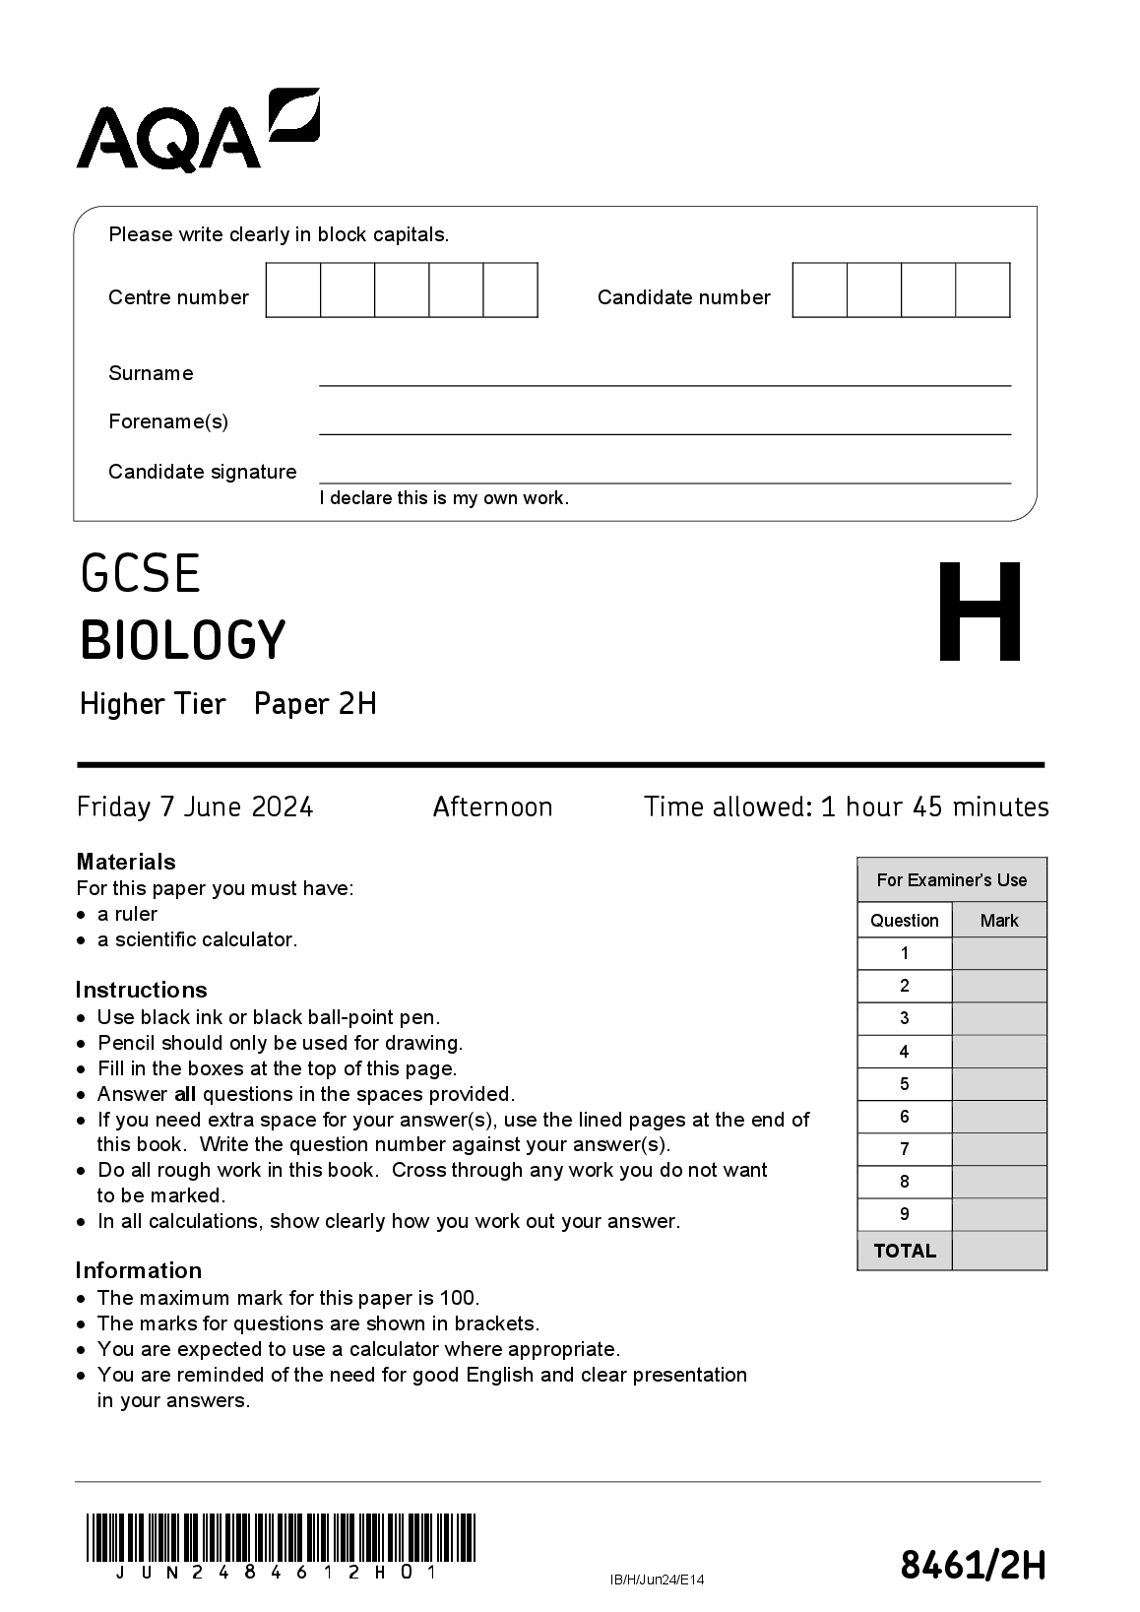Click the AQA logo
click(x=197, y=130)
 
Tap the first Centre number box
click(x=293, y=290)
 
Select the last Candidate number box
click(x=982, y=290)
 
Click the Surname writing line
click(x=665, y=378)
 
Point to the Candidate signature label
click(x=202, y=472)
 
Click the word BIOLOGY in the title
click(x=183, y=640)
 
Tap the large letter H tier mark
click(x=979, y=613)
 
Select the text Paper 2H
click(x=315, y=704)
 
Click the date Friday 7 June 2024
click(x=195, y=807)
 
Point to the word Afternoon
click(x=492, y=807)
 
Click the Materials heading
click(x=126, y=862)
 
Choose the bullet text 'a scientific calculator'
click(x=197, y=939)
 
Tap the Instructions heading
click(x=141, y=990)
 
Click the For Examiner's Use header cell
click(x=951, y=880)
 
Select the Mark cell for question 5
click(x=999, y=1084)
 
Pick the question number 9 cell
click(x=905, y=1214)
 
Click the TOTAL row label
click(x=905, y=1251)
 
